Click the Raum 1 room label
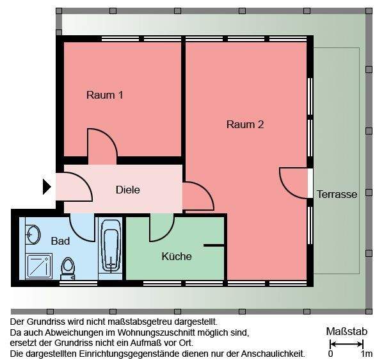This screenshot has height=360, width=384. coord(104,95)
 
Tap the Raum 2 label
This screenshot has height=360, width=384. coord(244,124)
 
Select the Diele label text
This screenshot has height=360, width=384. coord(127,190)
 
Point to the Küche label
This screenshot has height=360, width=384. coord(176,256)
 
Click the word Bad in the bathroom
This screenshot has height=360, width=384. coord(60,241)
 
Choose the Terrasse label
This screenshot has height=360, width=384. coord(337,194)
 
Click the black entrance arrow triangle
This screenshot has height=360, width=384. coord(46,186)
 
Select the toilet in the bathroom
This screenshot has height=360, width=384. coord(67,267)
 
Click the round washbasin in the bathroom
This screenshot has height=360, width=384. coord(32,235)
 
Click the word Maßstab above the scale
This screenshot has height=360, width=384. coord(346,331)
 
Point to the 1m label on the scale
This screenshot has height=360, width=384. coord(366,353)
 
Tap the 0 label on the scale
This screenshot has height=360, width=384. coord(330,353)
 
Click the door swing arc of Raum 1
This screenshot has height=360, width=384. coord(103,143)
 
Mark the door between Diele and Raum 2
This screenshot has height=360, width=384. coord(198,196)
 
